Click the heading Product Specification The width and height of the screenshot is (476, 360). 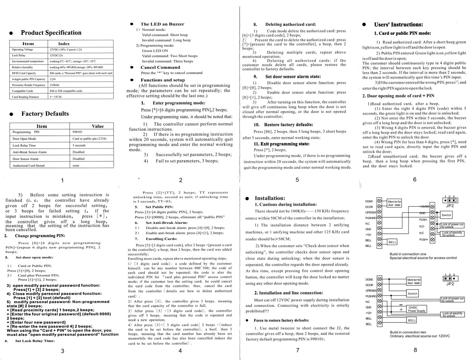51,33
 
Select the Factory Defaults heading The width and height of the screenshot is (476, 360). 45,114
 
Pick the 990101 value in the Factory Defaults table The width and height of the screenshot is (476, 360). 78,132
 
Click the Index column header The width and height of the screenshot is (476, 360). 64,44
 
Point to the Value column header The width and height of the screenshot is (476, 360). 97,126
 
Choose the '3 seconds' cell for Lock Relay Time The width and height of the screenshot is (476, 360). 79,146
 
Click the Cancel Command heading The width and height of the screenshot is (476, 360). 160,67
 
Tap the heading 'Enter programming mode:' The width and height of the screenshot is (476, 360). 179,103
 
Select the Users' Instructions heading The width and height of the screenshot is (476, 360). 398,25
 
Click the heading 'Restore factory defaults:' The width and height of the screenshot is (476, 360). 288,125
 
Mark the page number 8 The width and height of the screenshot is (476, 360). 415,350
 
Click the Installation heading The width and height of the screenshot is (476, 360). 270,198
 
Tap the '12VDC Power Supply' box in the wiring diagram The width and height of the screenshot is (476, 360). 416,309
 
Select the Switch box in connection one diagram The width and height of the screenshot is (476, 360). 446,215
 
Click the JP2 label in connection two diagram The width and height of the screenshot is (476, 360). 450,284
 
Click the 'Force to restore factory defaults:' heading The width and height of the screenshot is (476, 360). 281,320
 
